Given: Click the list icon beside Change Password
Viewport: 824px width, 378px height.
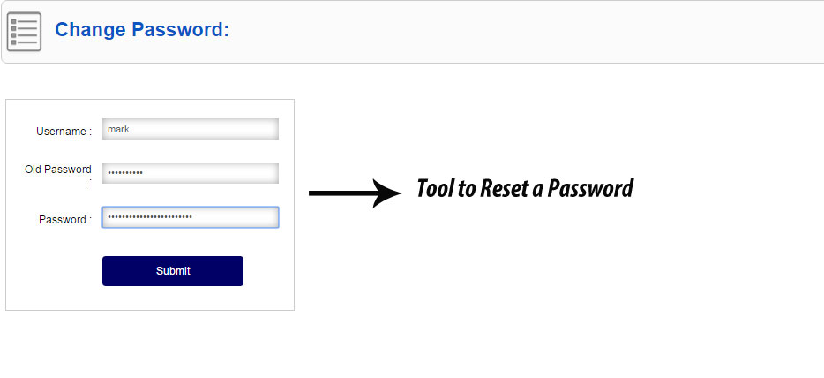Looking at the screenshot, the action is tap(24, 32).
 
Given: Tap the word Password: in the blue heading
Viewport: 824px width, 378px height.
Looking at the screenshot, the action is tap(181, 29).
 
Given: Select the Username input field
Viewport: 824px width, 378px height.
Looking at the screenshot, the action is tap(191, 129).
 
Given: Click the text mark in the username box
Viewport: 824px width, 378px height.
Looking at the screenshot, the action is tap(118, 129).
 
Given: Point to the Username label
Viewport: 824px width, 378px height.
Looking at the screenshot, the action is tap(64, 132).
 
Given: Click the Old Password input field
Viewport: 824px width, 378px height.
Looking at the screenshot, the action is tap(191, 173).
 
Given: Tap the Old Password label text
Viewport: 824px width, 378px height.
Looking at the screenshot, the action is tap(58, 170).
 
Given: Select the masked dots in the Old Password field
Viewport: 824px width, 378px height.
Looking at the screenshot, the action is tap(125, 172).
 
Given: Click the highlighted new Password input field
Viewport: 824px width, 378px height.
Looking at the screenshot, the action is tap(191, 217).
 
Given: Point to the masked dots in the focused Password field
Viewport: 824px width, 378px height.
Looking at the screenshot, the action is tap(150, 216).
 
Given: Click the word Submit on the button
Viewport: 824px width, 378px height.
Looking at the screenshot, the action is tap(173, 271).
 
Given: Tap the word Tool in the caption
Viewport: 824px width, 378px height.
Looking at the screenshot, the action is tap(436, 188).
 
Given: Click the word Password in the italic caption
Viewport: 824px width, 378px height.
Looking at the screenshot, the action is tap(590, 188).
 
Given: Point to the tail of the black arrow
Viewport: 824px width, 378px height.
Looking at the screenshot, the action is tap(310, 193).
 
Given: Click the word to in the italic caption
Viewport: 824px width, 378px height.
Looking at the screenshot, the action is tap(467, 189).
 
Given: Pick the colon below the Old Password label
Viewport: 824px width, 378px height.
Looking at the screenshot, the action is tap(90, 184).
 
